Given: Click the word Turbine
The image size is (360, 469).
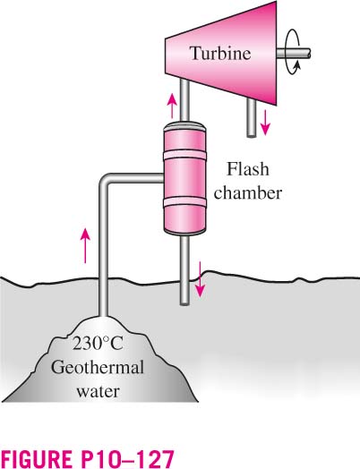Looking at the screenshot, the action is (x=220, y=54).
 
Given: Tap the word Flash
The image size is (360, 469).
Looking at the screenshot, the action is (x=248, y=169).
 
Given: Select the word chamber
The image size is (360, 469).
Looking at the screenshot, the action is (x=248, y=193).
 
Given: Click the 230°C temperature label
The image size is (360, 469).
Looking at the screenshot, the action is (x=98, y=344).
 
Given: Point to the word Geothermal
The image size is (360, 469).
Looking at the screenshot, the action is (x=98, y=367).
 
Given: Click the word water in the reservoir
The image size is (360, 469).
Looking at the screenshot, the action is (x=98, y=391).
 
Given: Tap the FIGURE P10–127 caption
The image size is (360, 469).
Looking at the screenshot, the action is (x=87, y=457).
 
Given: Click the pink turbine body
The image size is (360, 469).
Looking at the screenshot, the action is (x=221, y=53).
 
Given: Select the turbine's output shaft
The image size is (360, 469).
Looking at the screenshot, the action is (x=293, y=54).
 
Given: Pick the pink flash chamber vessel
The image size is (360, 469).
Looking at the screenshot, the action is (x=184, y=178).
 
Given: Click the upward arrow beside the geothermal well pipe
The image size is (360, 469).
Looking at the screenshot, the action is (x=86, y=245).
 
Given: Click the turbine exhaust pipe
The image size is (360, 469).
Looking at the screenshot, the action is (x=252, y=117).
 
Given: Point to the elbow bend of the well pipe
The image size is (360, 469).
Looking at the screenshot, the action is (x=104, y=180).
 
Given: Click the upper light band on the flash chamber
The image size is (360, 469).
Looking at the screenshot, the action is (x=184, y=155).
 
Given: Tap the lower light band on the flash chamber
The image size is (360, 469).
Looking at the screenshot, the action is (x=184, y=202).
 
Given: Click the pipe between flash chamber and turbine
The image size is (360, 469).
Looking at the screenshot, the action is (x=184, y=99).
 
